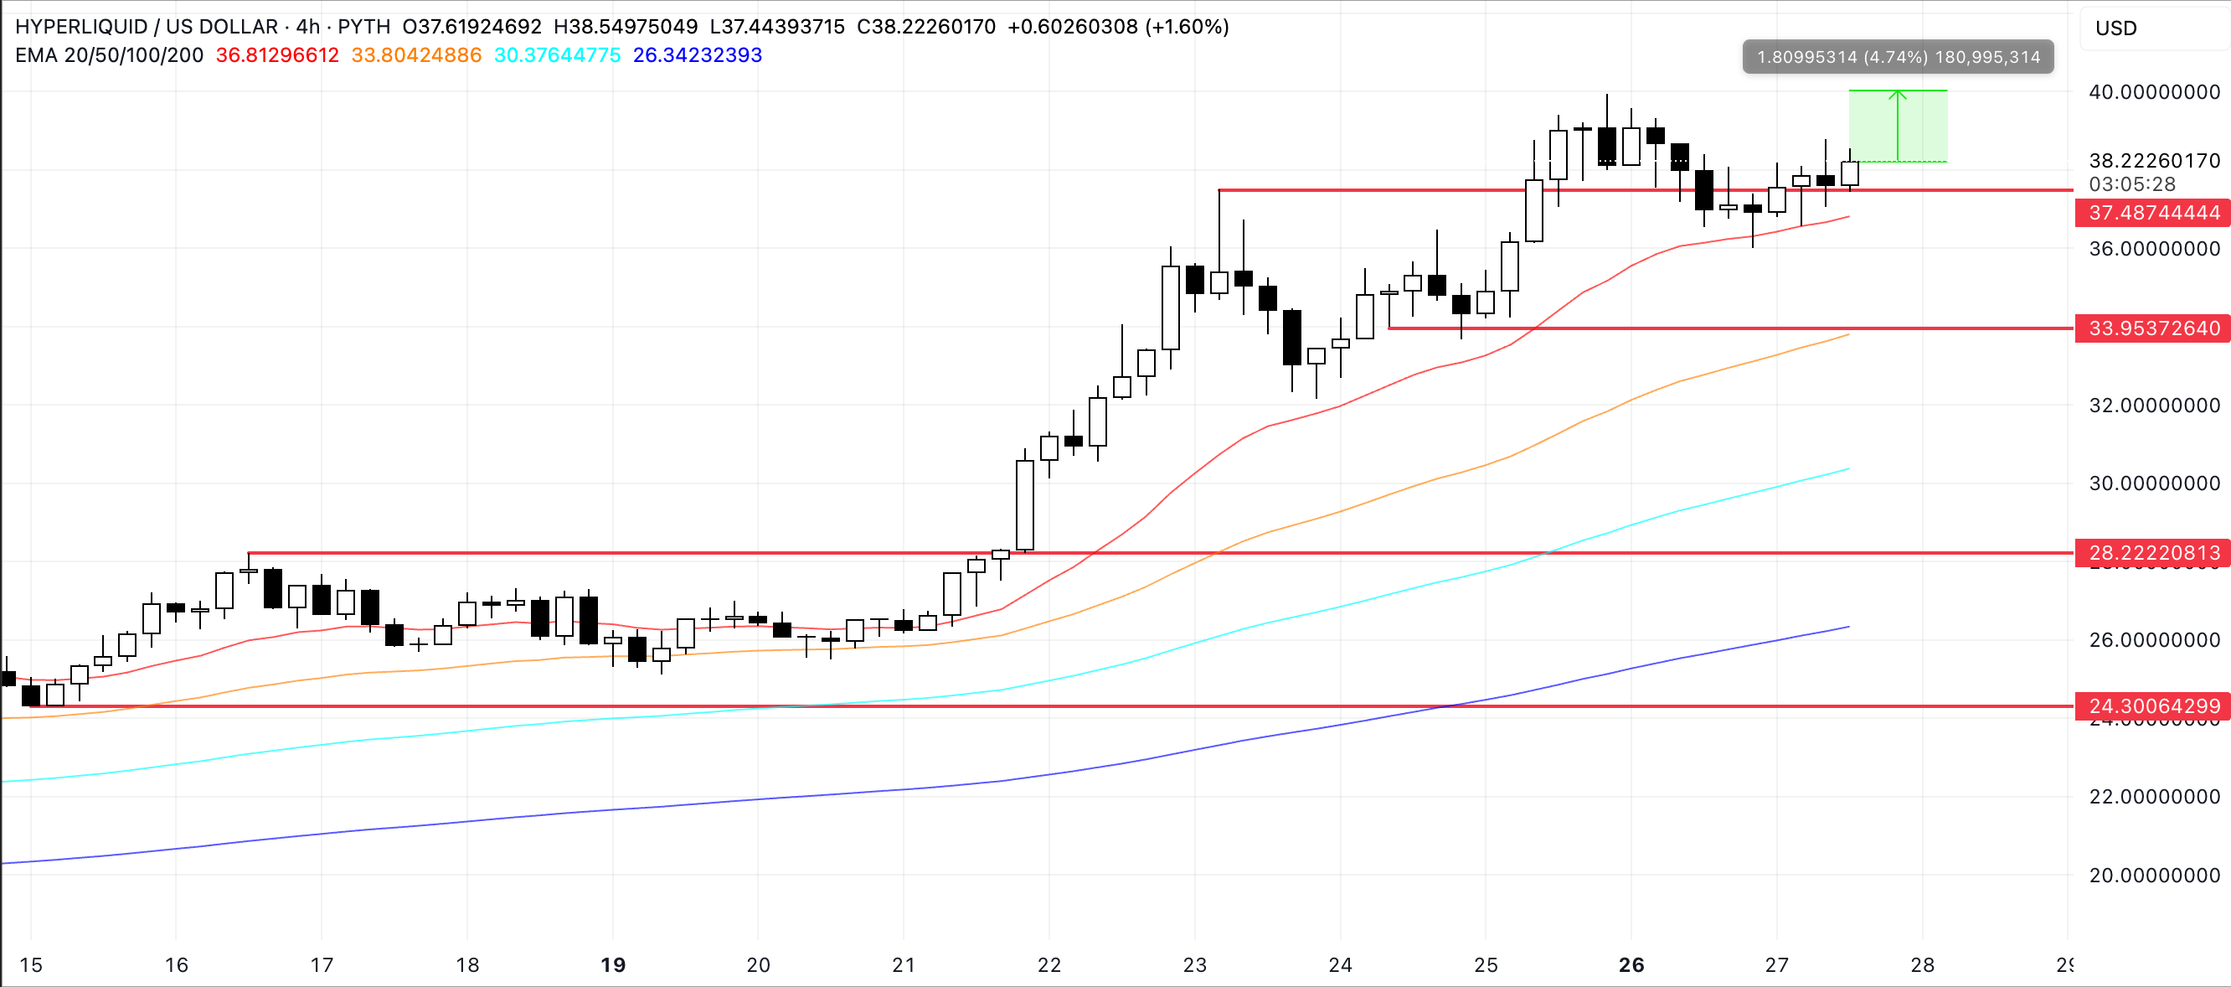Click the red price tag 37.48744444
(x=2152, y=212)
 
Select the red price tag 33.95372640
(x=2152, y=328)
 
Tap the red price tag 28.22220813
(x=2152, y=553)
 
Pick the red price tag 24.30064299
(x=2152, y=706)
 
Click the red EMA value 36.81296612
(x=277, y=55)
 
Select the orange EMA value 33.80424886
(x=415, y=55)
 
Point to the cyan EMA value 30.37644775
(x=557, y=55)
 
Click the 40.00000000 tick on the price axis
(x=2154, y=92)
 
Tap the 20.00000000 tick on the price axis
(x=2154, y=876)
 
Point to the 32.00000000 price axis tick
(x=2154, y=406)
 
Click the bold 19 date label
(x=613, y=965)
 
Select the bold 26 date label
(x=1631, y=965)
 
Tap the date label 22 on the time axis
(x=1049, y=965)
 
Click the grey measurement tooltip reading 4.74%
(x=1898, y=57)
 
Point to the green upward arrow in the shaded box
(x=1898, y=126)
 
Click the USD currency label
(x=2115, y=28)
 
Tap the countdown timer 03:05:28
(x=2131, y=184)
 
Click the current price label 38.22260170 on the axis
(x=2154, y=161)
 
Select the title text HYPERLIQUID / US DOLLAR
(x=147, y=27)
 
